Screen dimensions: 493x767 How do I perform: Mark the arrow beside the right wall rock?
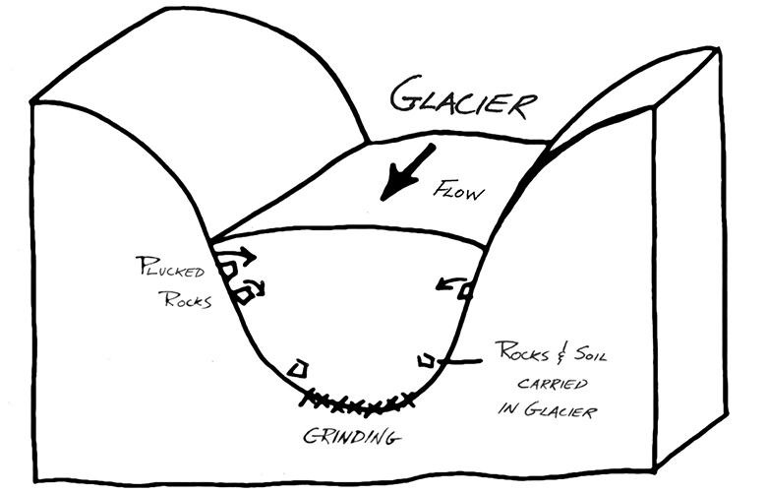point(447,285)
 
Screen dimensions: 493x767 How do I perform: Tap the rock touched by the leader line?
point(426,358)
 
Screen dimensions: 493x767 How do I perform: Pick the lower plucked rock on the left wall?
point(237,291)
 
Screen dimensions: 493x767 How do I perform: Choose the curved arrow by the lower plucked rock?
point(257,285)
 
